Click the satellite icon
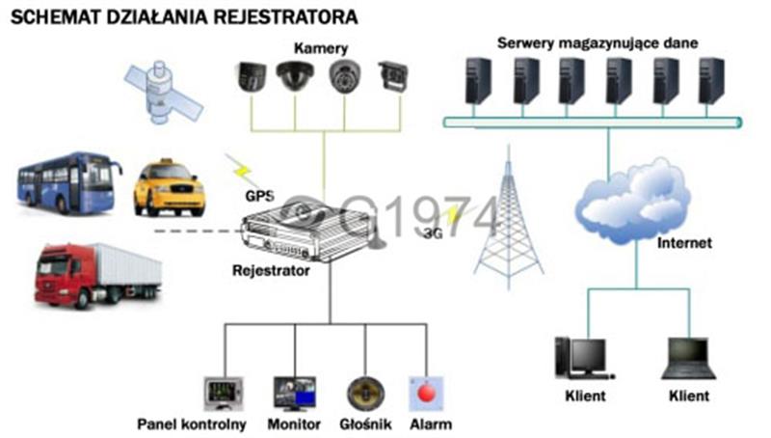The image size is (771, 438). [163, 93]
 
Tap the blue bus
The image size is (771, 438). [68, 183]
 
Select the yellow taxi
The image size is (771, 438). [170, 187]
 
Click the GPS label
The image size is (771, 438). [259, 196]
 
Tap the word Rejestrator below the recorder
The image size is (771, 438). [271, 271]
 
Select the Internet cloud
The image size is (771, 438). [633, 201]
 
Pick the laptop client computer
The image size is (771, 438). [688, 358]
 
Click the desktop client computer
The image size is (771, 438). [584, 358]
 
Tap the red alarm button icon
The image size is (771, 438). [426, 394]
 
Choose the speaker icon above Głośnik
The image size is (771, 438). [365, 394]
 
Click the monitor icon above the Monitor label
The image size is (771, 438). [295, 394]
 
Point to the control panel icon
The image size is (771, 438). [224, 394]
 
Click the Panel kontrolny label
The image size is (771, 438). [192, 424]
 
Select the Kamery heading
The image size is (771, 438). [321, 48]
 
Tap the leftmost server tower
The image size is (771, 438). [478, 81]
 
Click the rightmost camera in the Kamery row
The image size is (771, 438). [393, 76]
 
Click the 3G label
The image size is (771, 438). [433, 233]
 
